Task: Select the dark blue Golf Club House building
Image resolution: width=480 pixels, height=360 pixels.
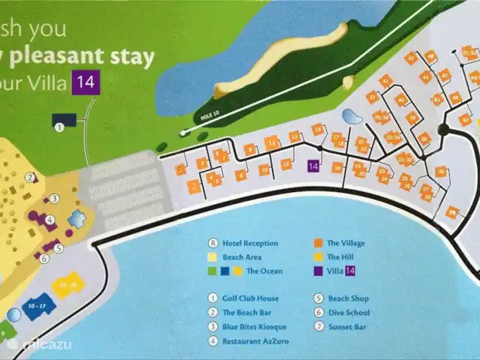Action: [64, 119]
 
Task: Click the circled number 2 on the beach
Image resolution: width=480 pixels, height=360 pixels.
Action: [31, 178]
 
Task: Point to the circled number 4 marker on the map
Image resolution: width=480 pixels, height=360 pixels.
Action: [49, 220]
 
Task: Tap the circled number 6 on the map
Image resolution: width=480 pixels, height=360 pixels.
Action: [44, 258]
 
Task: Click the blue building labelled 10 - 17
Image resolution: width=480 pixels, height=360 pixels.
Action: [34, 306]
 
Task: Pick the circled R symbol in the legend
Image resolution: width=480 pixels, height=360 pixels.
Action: [214, 243]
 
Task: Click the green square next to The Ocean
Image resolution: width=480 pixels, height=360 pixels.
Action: [213, 271]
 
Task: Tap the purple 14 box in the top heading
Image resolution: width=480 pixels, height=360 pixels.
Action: [84, 82]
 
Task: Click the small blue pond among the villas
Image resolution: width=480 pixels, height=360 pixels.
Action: [350, 116]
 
